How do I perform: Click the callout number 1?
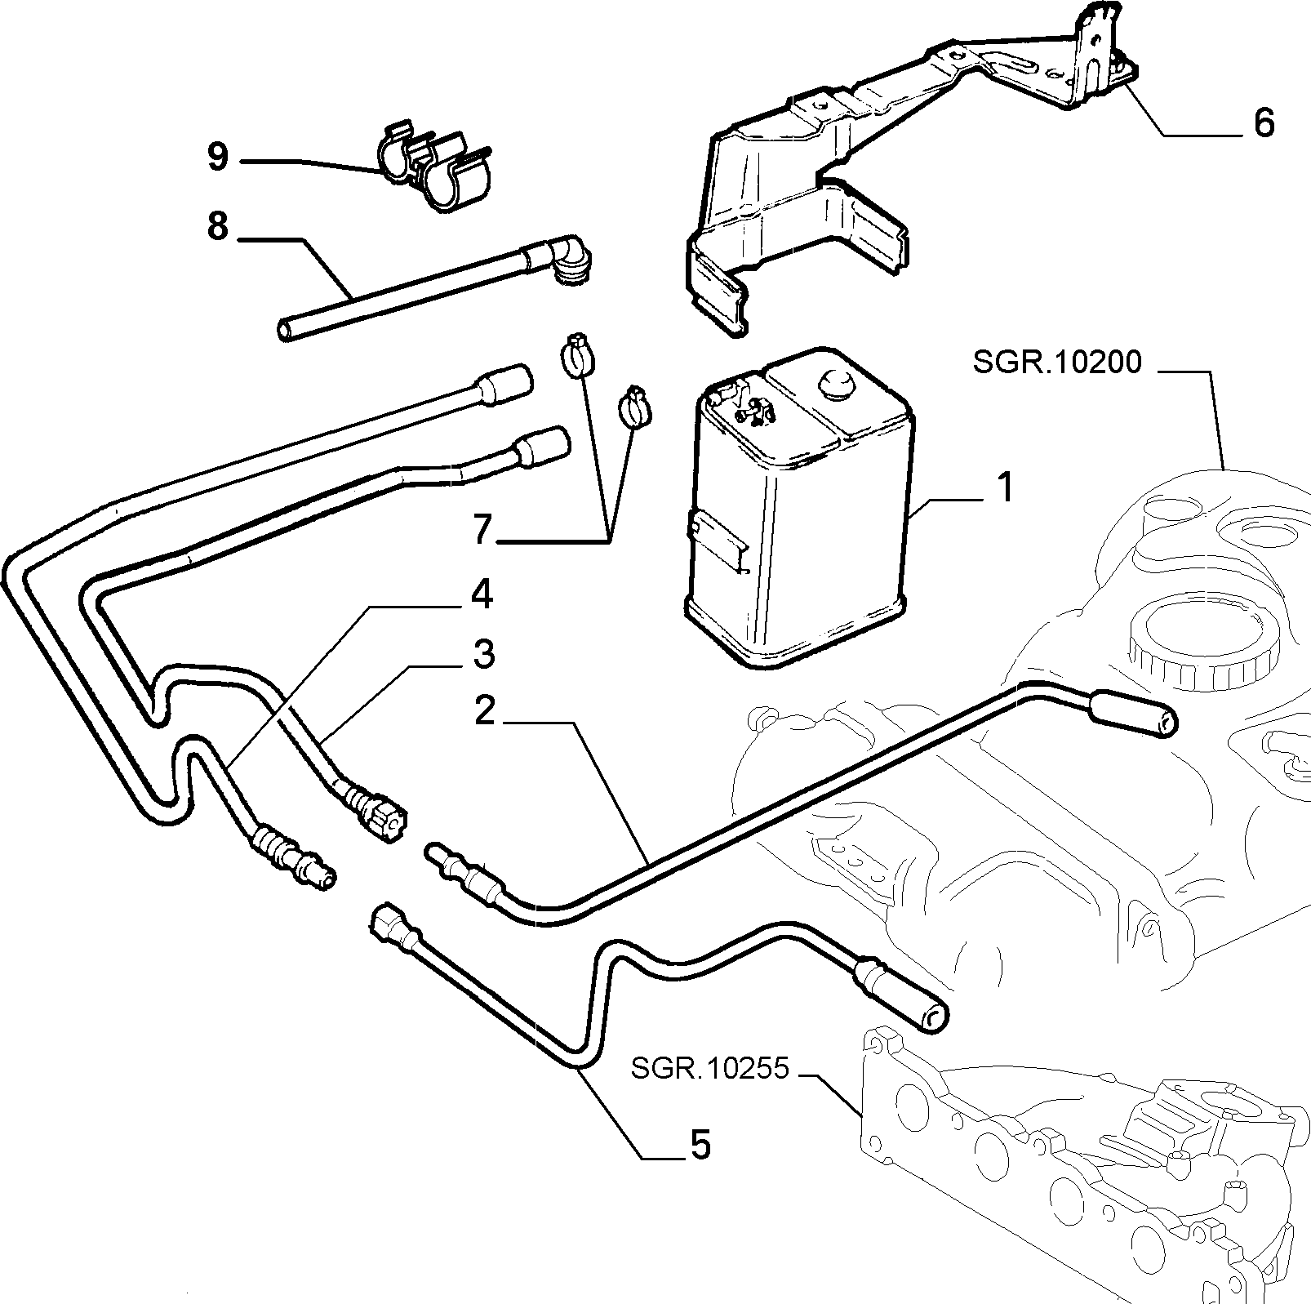1004,488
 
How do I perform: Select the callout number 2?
485,710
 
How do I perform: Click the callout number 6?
1264,122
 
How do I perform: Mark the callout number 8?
218,225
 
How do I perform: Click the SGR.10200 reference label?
1058,363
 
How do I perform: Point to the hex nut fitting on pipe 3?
384,814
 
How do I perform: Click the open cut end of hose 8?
285,331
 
